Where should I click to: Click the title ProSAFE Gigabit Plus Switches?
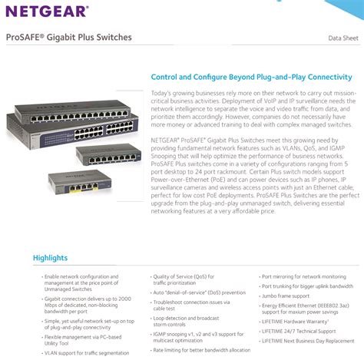pos(69,37)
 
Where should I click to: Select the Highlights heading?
pos(50,258)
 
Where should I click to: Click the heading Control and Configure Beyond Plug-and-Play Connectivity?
pos(251,78)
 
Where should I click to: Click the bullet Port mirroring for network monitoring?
pos(303,276)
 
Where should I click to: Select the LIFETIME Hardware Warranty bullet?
pos(295,322)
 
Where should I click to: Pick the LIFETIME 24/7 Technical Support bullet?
pos(298,331)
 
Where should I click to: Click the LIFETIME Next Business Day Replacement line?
pos(308,340)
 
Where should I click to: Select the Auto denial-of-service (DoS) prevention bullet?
pos(199,292)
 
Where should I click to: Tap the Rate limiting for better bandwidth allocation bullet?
pos(201,349)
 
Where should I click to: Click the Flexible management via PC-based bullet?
pos(83,335)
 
